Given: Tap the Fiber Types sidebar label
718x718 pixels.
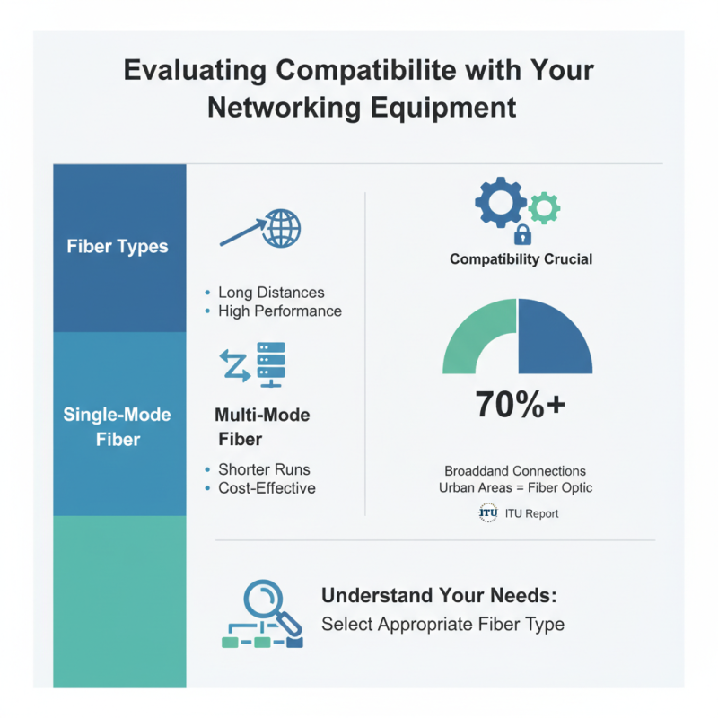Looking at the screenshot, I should click(x=118, y=246).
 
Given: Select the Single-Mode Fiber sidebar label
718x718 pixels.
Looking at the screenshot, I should click(x=118, y=427).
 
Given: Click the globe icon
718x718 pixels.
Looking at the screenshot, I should click(x=282, y=228).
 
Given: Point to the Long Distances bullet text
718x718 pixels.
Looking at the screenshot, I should click(x=271, y=293).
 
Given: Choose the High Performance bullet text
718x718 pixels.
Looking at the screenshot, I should click(x=280, y=311).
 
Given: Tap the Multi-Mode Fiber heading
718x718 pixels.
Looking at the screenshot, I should click(x=261, y=427).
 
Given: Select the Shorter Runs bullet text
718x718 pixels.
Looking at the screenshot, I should click(x=264, y=469).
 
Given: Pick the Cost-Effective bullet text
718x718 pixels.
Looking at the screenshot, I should click(x=267, y=488).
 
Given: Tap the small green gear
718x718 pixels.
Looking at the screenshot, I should click(x=542, y=208).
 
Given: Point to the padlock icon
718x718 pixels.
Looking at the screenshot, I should click(x=521, y=236).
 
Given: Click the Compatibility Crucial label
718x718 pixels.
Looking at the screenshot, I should click(x=521, y=259).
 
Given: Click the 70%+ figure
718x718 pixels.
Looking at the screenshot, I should click(x=520, y=405).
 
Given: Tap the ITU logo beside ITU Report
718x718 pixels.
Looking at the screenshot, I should click(x=488, y=513).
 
